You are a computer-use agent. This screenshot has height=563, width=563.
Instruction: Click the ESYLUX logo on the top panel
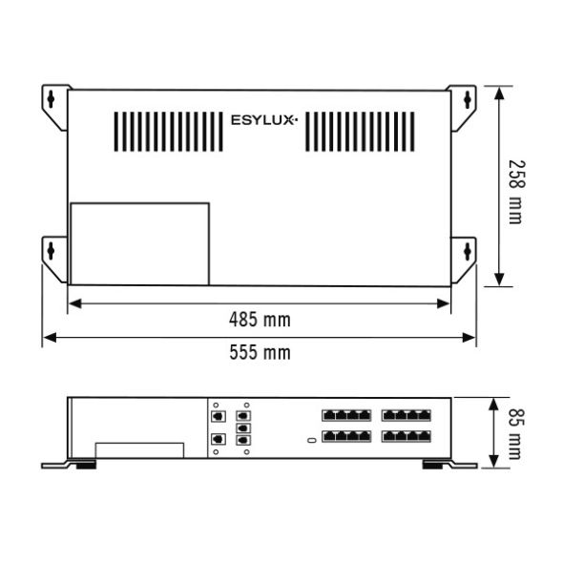[x=264, y=120]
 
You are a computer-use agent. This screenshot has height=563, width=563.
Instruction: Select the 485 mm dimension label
[x=260, y=319]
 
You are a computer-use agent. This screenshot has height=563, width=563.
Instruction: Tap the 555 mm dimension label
[x=260, y=352]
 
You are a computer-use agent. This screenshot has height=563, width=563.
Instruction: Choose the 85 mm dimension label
[x=514, y=433]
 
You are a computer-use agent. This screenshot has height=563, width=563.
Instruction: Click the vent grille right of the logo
[x=360, y=132]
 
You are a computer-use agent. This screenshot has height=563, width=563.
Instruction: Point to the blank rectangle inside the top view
[x=139, y=243]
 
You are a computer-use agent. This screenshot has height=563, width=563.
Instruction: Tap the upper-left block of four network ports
[x=346, y=416]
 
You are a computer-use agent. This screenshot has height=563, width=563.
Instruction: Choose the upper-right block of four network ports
[x=407, y=416]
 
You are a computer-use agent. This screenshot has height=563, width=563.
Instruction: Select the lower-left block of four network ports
[x=346, y=436]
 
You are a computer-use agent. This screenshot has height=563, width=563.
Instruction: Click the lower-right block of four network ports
[x=407, y=436]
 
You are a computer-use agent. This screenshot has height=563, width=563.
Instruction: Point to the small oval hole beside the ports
[x=311, y=439]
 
